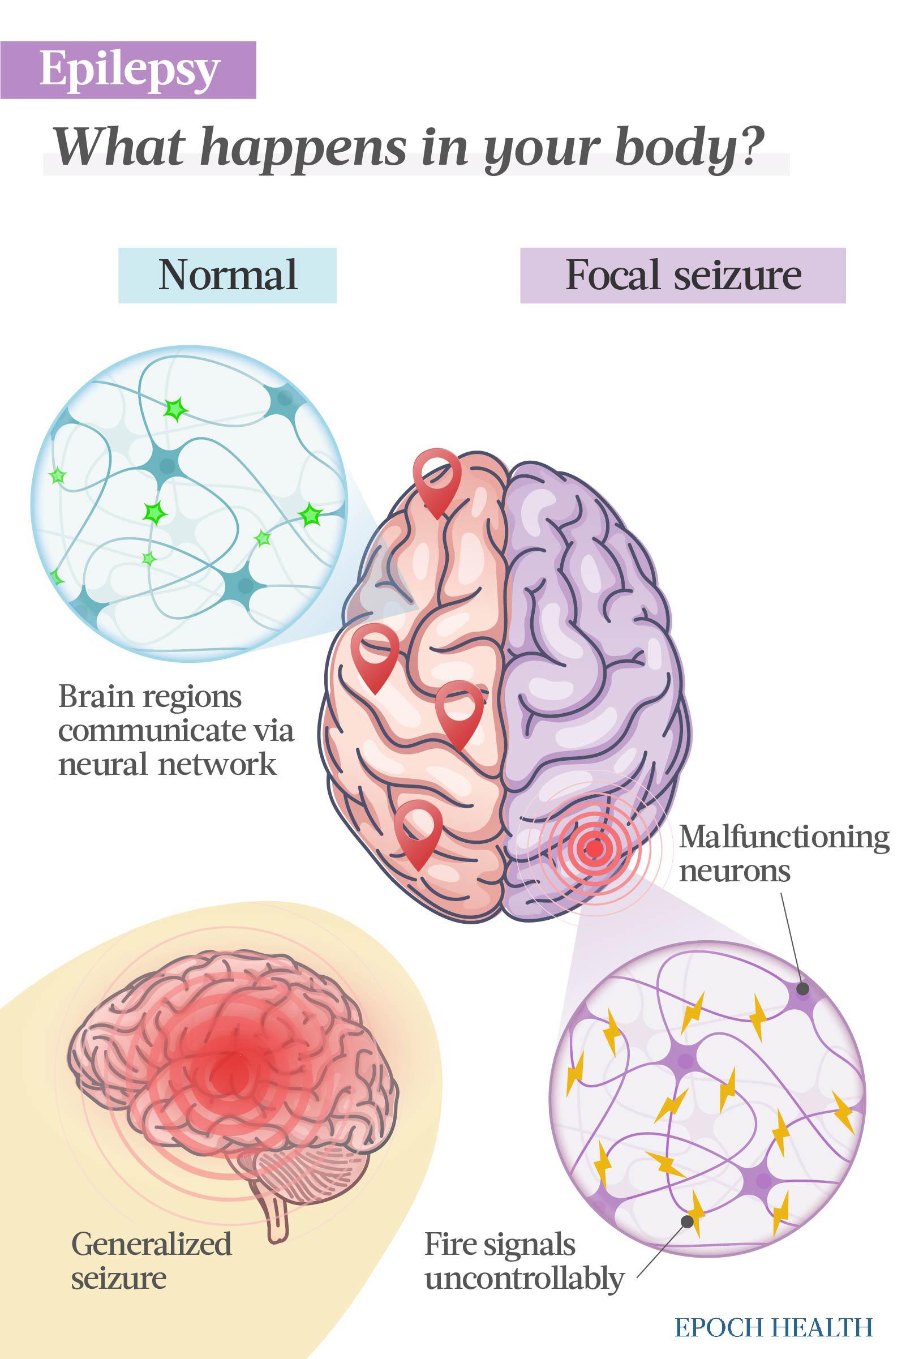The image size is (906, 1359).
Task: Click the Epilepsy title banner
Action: pos(128,70)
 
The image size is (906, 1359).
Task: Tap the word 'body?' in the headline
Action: pos(685,147)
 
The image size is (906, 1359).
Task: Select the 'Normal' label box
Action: pos(227,275)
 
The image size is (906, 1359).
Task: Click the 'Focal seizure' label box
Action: pos(683,275)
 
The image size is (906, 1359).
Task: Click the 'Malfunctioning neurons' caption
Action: pos(784,854)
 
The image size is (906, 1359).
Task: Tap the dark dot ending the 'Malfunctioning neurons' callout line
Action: pos(802,989)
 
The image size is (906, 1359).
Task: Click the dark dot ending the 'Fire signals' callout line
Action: pos(687,1221)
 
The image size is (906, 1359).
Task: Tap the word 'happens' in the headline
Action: pos(304,148)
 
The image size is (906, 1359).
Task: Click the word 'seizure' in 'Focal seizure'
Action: pos(738,275)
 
